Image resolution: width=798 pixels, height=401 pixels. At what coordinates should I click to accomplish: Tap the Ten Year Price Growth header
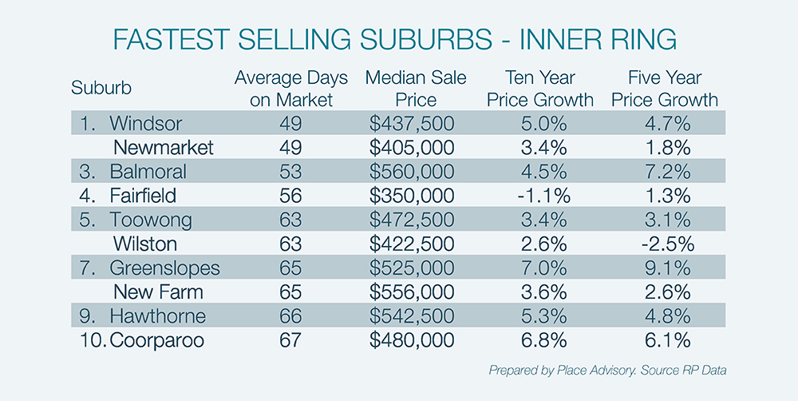[551, 89]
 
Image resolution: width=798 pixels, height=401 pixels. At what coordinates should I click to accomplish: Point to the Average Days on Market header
[291, 89]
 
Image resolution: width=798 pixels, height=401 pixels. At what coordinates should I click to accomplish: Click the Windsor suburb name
[146, 124]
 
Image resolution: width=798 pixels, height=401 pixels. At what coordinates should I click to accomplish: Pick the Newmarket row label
[164, 148]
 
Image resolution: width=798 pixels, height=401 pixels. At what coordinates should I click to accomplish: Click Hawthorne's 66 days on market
[291, 316]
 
